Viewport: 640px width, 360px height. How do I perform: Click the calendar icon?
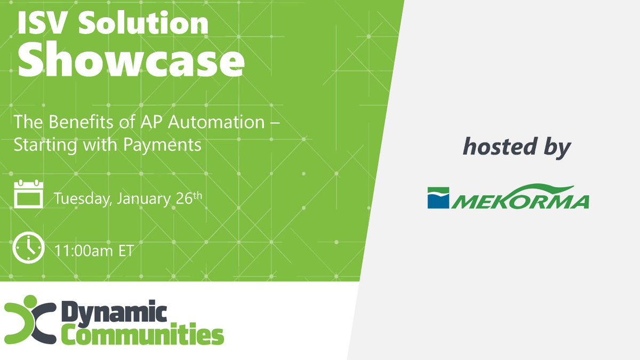tap(27, 195)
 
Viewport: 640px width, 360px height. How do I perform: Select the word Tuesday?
tap(82, 199)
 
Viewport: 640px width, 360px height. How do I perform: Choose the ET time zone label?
tap(126, 251)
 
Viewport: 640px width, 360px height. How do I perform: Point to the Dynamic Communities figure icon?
tap(30, 322)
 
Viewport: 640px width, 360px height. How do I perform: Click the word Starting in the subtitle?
tap(40, 145)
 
